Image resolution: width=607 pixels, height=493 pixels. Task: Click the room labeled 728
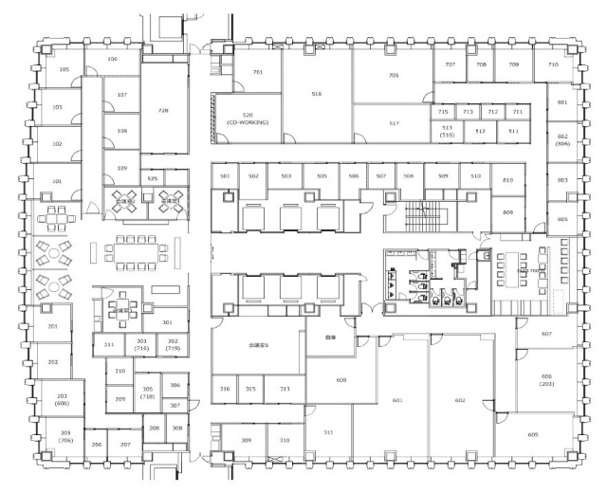tap(163, 111)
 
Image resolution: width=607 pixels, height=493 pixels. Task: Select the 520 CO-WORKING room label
tap(248, 119)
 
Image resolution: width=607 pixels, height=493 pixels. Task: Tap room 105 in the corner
tap(64, 70)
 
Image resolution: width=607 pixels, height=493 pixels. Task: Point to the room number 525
tap(152, 177)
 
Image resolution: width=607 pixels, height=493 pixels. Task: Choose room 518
tap(317, 94)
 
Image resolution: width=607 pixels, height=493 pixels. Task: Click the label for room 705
tap(393, 76)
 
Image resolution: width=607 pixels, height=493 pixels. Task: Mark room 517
tap(394, 123)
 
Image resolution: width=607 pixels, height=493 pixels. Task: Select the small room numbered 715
tap(443, 112)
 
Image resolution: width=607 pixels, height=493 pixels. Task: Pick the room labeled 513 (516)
tap(447, 132)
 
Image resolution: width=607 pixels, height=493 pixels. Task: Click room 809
tap(507, 212)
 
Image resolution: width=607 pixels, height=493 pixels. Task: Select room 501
tap(226, 176)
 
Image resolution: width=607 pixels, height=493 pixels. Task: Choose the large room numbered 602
tap(460, 401)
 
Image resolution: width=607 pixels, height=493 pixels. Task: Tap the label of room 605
tap(533, 434)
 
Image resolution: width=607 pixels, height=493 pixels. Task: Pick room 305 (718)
tap(147, 393)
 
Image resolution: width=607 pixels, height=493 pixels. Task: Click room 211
tap(109, 344)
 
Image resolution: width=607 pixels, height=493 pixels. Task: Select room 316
tap(225, 390)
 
